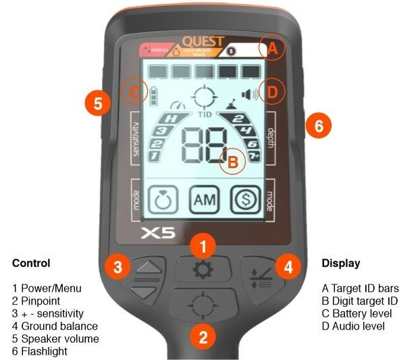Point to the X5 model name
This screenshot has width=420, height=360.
click(159, 234)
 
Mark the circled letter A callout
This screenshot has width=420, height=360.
click(272, 48)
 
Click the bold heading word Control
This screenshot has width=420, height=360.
click(32, 263)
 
